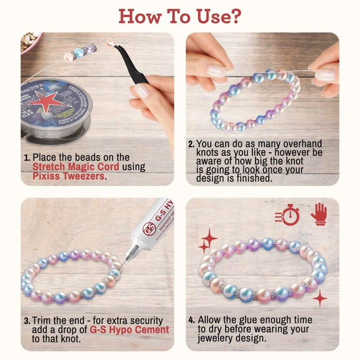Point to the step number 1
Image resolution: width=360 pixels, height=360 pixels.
click(27, 157)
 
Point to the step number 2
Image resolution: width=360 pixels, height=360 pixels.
click(191, 144)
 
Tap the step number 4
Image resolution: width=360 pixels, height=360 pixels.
click(191, 320)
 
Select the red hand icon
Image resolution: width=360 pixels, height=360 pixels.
click(318, 213)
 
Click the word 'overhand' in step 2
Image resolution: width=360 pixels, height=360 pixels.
click(304, 144)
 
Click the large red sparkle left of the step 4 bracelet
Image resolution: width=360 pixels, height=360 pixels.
click(208, 239)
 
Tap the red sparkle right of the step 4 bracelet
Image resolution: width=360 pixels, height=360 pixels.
click(320, 298)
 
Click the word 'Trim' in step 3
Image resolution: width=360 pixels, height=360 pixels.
click(44, 320)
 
